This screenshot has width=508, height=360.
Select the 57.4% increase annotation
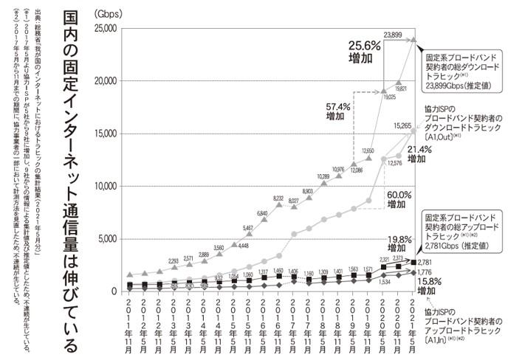tap(340, 111)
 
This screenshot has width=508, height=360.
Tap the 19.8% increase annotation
tap(400, 244)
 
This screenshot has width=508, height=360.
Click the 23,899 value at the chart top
tap(393, 35)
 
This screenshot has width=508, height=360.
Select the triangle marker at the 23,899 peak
tap(413, 40)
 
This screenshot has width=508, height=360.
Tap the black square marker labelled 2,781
tap(413, 262)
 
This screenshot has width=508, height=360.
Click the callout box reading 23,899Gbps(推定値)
tap(461, 71)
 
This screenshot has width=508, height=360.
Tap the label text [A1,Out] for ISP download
tap(443, 136)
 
